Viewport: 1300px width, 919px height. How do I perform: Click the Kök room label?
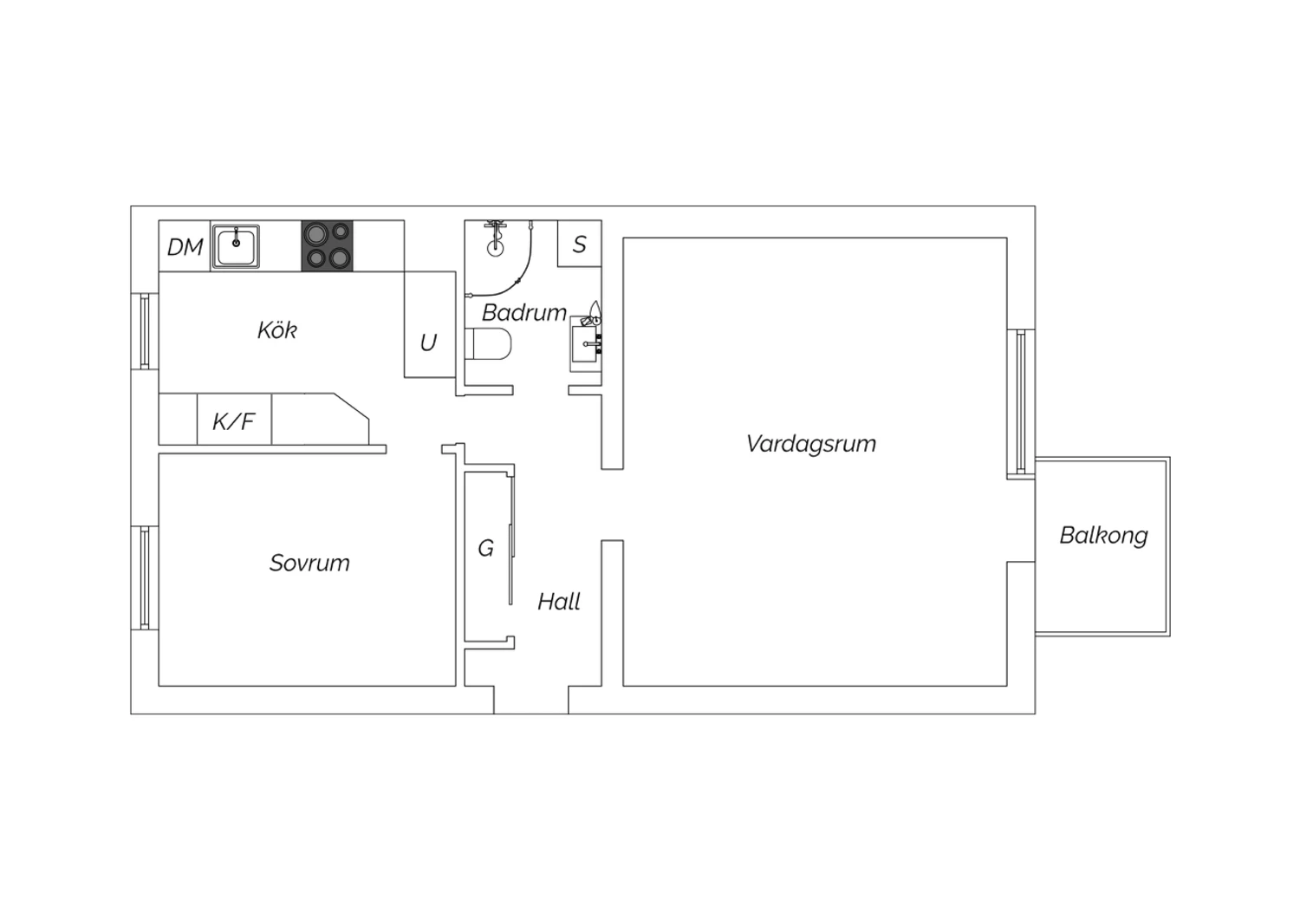[x=276, y=330]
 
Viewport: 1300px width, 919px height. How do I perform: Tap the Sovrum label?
[x=309, y=563]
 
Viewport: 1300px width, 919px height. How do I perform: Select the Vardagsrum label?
[x=810, y=444]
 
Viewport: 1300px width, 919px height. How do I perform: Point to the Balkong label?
[x=1103, y=536]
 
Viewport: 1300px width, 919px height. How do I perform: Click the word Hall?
[x=558, y=602]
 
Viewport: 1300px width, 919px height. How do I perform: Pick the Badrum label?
[x=524, y=313]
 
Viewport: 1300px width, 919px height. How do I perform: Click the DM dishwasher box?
[x=185, y=245]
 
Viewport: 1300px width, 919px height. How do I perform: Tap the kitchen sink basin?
[x=236, y=247]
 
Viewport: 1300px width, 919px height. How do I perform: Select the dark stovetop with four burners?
[x=327, y=245]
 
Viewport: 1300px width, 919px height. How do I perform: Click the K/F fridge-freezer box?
[x=234, y=419]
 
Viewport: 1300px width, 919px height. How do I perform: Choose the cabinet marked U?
[x=430, y=324]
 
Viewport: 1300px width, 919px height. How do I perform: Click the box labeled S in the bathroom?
[x=579, y=244]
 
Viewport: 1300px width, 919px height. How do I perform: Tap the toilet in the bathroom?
[x=488, y=343]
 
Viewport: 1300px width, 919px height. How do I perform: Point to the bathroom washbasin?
[x=584, y=344]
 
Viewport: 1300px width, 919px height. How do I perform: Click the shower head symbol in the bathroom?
[x=495, y=238]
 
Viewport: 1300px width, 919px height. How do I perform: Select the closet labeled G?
[x=486, y=556]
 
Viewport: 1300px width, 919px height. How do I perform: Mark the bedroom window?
[x=145, y=577]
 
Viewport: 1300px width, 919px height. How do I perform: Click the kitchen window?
[x=145, y=331]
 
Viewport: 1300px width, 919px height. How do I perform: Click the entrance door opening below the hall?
[x=531, y=701]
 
